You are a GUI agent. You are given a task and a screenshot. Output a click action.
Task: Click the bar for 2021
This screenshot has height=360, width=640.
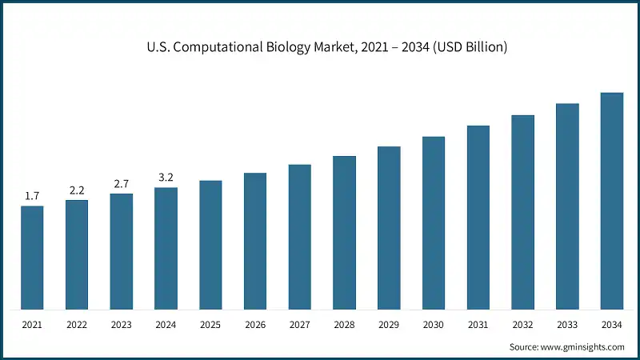click(x=32, y=258)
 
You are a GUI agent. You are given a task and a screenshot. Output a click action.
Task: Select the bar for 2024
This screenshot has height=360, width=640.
click(x=166, y=249)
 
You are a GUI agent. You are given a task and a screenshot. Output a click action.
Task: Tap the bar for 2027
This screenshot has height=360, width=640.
click(x=300, y=237)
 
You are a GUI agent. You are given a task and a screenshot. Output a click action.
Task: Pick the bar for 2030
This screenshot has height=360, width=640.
click(x=434, y=223)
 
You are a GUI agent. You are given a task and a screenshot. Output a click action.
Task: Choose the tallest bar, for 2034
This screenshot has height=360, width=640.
click(x=612, y=201)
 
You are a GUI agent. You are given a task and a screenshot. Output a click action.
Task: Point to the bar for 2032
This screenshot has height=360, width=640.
click(x=522, y=212)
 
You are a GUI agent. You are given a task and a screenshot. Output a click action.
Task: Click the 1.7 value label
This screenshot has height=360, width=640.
click(x=32, y=196)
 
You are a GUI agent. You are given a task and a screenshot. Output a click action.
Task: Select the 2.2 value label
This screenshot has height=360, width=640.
click(x=77, y=190)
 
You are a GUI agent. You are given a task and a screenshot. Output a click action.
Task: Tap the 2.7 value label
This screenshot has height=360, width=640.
click(x=122, y=184)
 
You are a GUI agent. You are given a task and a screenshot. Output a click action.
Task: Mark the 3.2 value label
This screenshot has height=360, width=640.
click(x=166, y=178)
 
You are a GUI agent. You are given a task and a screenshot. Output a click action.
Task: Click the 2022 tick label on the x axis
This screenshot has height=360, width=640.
click(x=77, y=325)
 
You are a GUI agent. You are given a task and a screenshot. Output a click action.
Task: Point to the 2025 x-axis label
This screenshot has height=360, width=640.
click(x=210, y=325)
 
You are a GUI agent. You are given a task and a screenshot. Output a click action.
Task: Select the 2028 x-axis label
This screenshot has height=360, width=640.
click(x=344, y=325)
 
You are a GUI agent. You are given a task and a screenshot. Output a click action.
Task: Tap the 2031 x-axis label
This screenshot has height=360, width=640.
click(x=478, y=325)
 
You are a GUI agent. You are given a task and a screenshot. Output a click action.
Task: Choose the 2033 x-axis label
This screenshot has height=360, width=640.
click(x=567, y=325)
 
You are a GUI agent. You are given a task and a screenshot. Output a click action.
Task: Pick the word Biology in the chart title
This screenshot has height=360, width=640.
click(x=296, y=48)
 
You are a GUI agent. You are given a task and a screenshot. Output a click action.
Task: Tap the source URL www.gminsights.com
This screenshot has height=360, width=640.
click(x=582, y=347)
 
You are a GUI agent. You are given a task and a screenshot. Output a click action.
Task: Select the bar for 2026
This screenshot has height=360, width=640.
click(x=255, y=241)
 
